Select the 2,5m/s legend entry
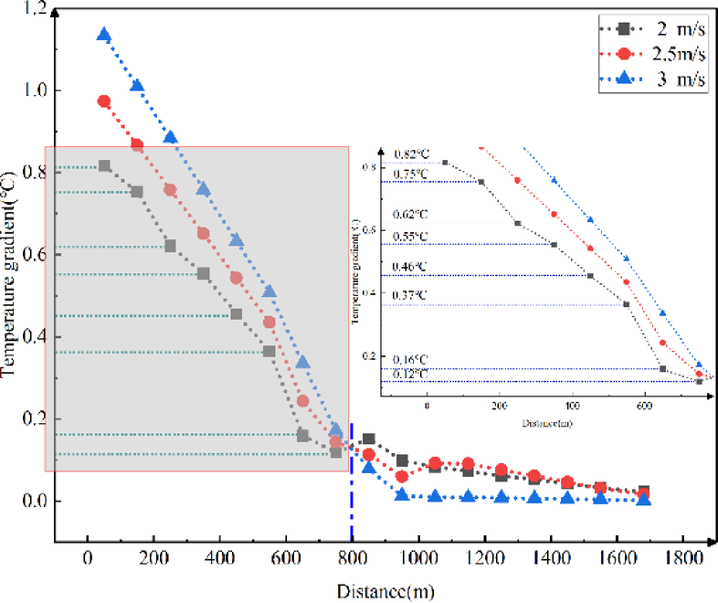654,52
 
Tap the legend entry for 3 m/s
654,79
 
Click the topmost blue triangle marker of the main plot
104,36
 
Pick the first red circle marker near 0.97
104,101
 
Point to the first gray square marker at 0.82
104,166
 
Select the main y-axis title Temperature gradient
11,273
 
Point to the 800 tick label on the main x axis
352,554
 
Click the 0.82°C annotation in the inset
410,154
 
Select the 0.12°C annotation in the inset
410,375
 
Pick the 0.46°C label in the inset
410,267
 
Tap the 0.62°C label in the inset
410,214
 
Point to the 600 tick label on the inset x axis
644,404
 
